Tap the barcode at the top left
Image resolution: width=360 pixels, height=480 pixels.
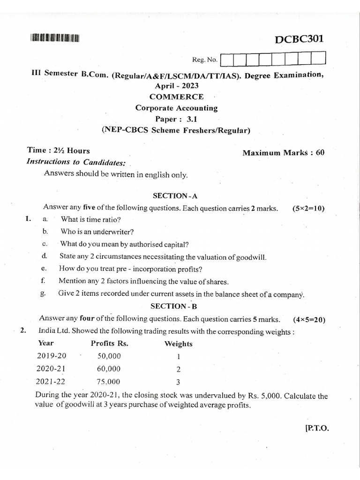pyautogui.click(x=55, y=39)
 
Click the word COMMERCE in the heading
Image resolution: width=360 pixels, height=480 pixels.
pyautogui.click(x=176, y=97)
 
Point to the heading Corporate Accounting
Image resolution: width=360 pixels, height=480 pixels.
pyautogui.click(x=176, y=108)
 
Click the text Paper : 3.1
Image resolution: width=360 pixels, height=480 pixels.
pyautogui.click(x=176, y=119)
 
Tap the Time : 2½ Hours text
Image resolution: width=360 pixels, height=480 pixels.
pyautogui.click(x=59, y=151)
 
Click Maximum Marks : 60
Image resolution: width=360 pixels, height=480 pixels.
pyautogui.click(x=283, y=153)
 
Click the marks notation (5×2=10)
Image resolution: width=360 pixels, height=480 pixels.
pyautogui.click(x=308, y=208)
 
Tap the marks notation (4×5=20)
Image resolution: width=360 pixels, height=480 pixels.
pyautogui.click(x=309, y=320)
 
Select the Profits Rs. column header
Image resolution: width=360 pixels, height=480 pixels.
pyautogui.click(x=109, y=343)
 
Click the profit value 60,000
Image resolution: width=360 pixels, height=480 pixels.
pyautogui.click(x=109, y=368)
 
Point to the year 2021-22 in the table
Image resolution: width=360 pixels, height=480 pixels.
pyautogui.click(x=52, y=381)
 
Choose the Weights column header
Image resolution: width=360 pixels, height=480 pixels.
pyautogui.click(x=178, y=344)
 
